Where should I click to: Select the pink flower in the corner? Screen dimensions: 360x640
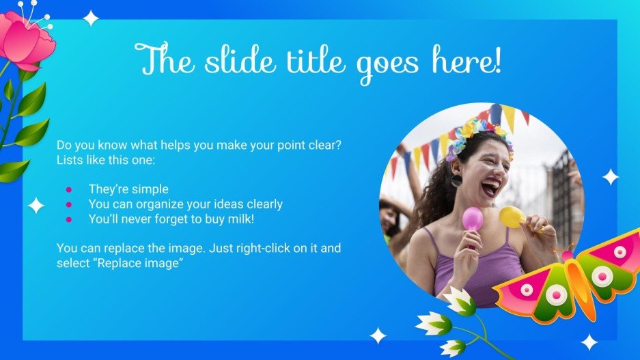27,38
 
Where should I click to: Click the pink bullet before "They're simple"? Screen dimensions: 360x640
69,189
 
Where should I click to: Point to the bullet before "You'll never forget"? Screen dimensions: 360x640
69,219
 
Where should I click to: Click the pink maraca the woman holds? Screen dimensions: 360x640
472,219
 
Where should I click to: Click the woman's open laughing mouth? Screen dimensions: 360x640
490,185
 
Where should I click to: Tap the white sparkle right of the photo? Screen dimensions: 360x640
610,178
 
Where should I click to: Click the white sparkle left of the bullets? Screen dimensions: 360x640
36,205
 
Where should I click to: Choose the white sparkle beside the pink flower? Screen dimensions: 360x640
91,18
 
